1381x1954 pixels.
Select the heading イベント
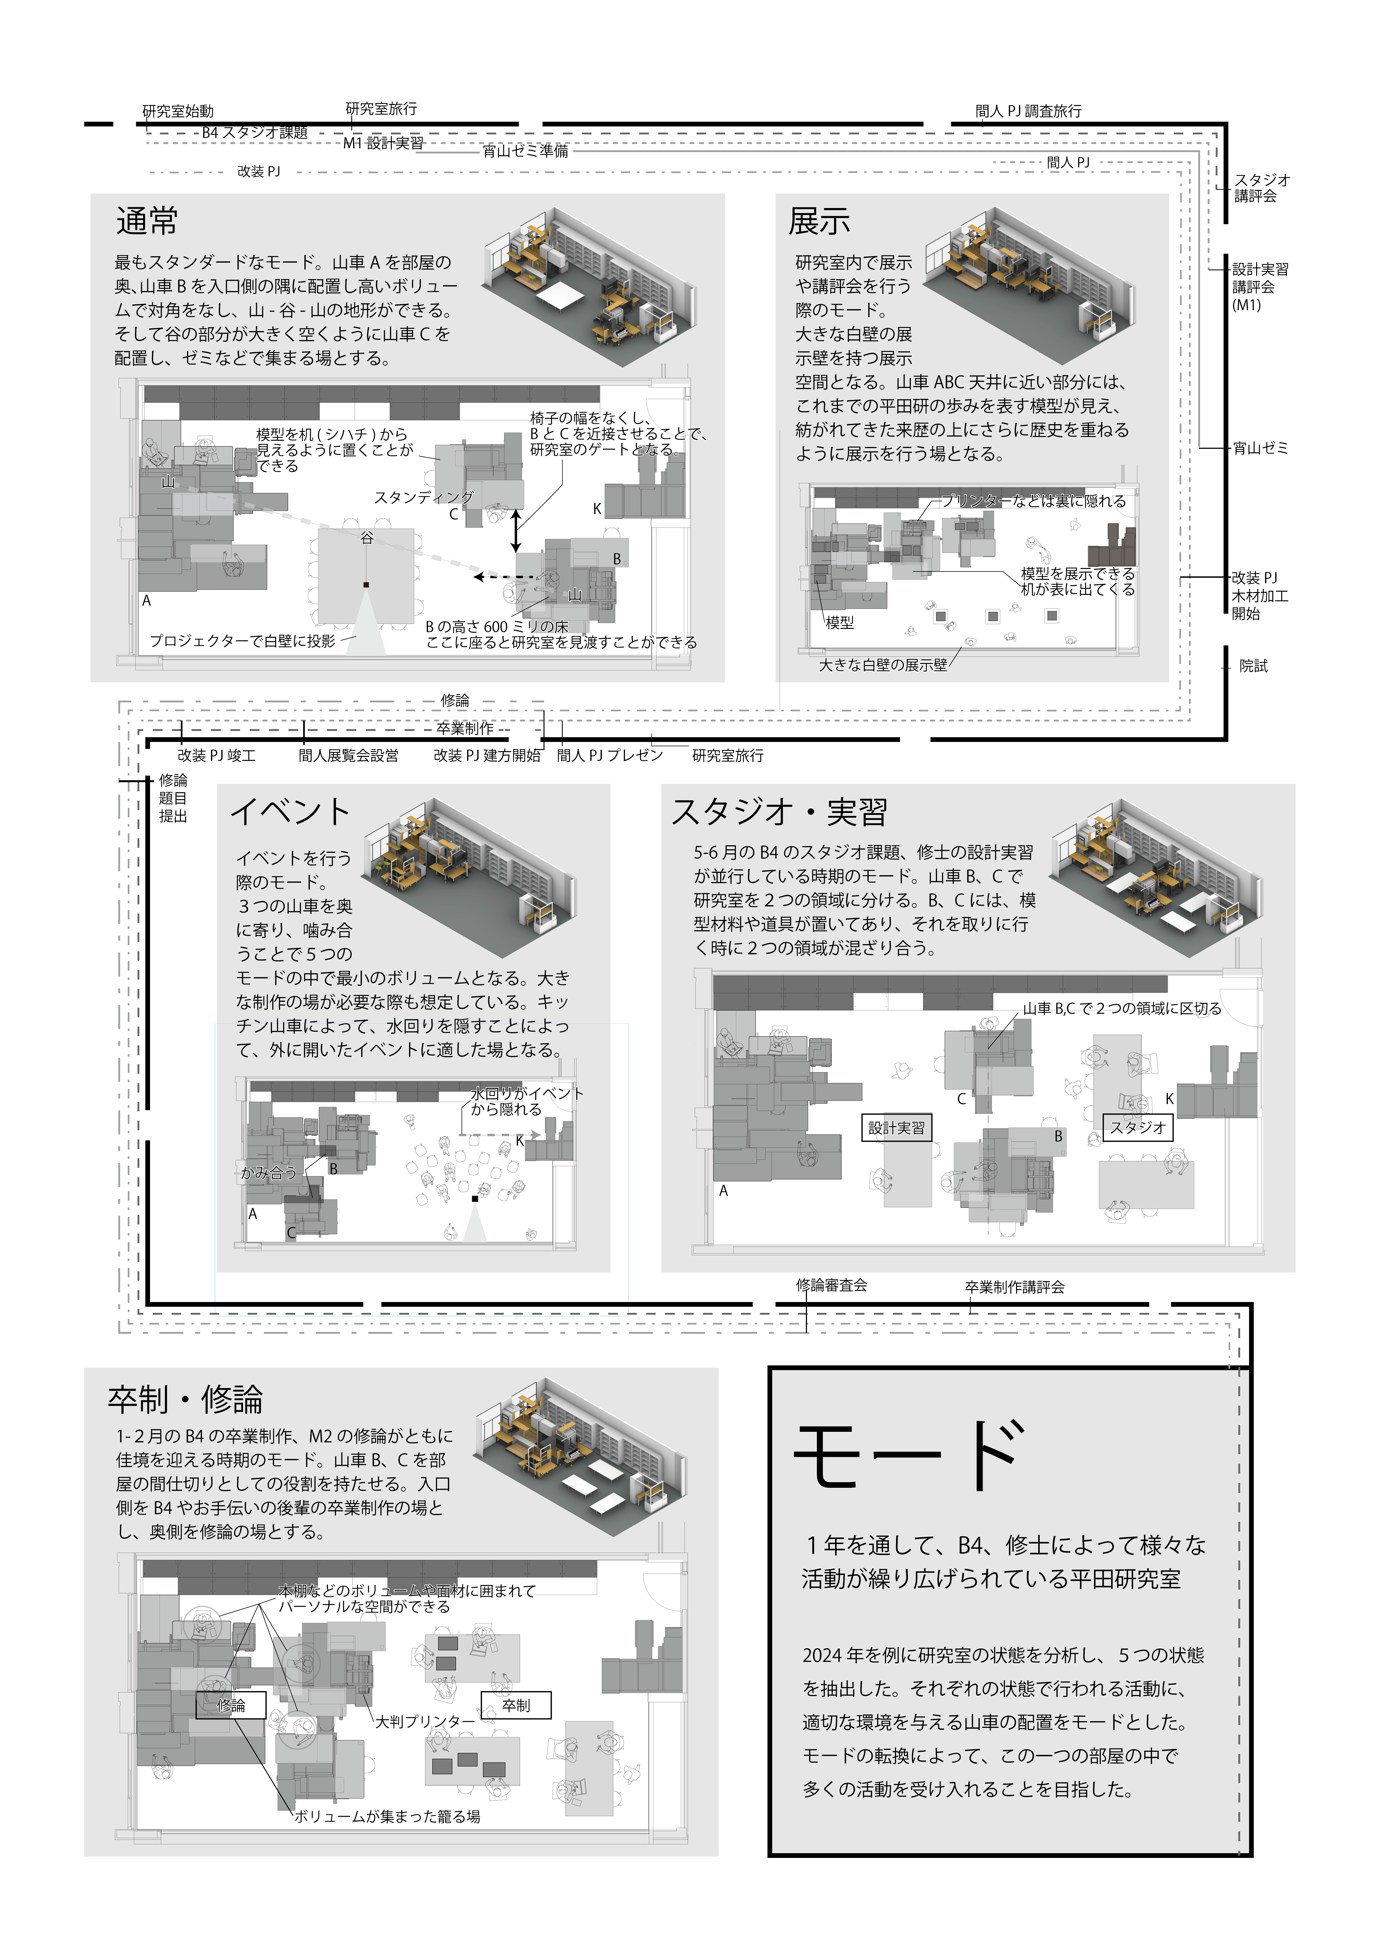tap(290, 811)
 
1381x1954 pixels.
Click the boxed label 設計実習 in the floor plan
tap(896, 1128)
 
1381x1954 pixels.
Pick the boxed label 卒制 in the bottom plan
tap(516, 1705)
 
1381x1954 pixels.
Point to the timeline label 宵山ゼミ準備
tap(525, 151)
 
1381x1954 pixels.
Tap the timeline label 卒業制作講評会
tap(1014, 1287)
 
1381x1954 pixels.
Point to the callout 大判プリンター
tap(425, 1721)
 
